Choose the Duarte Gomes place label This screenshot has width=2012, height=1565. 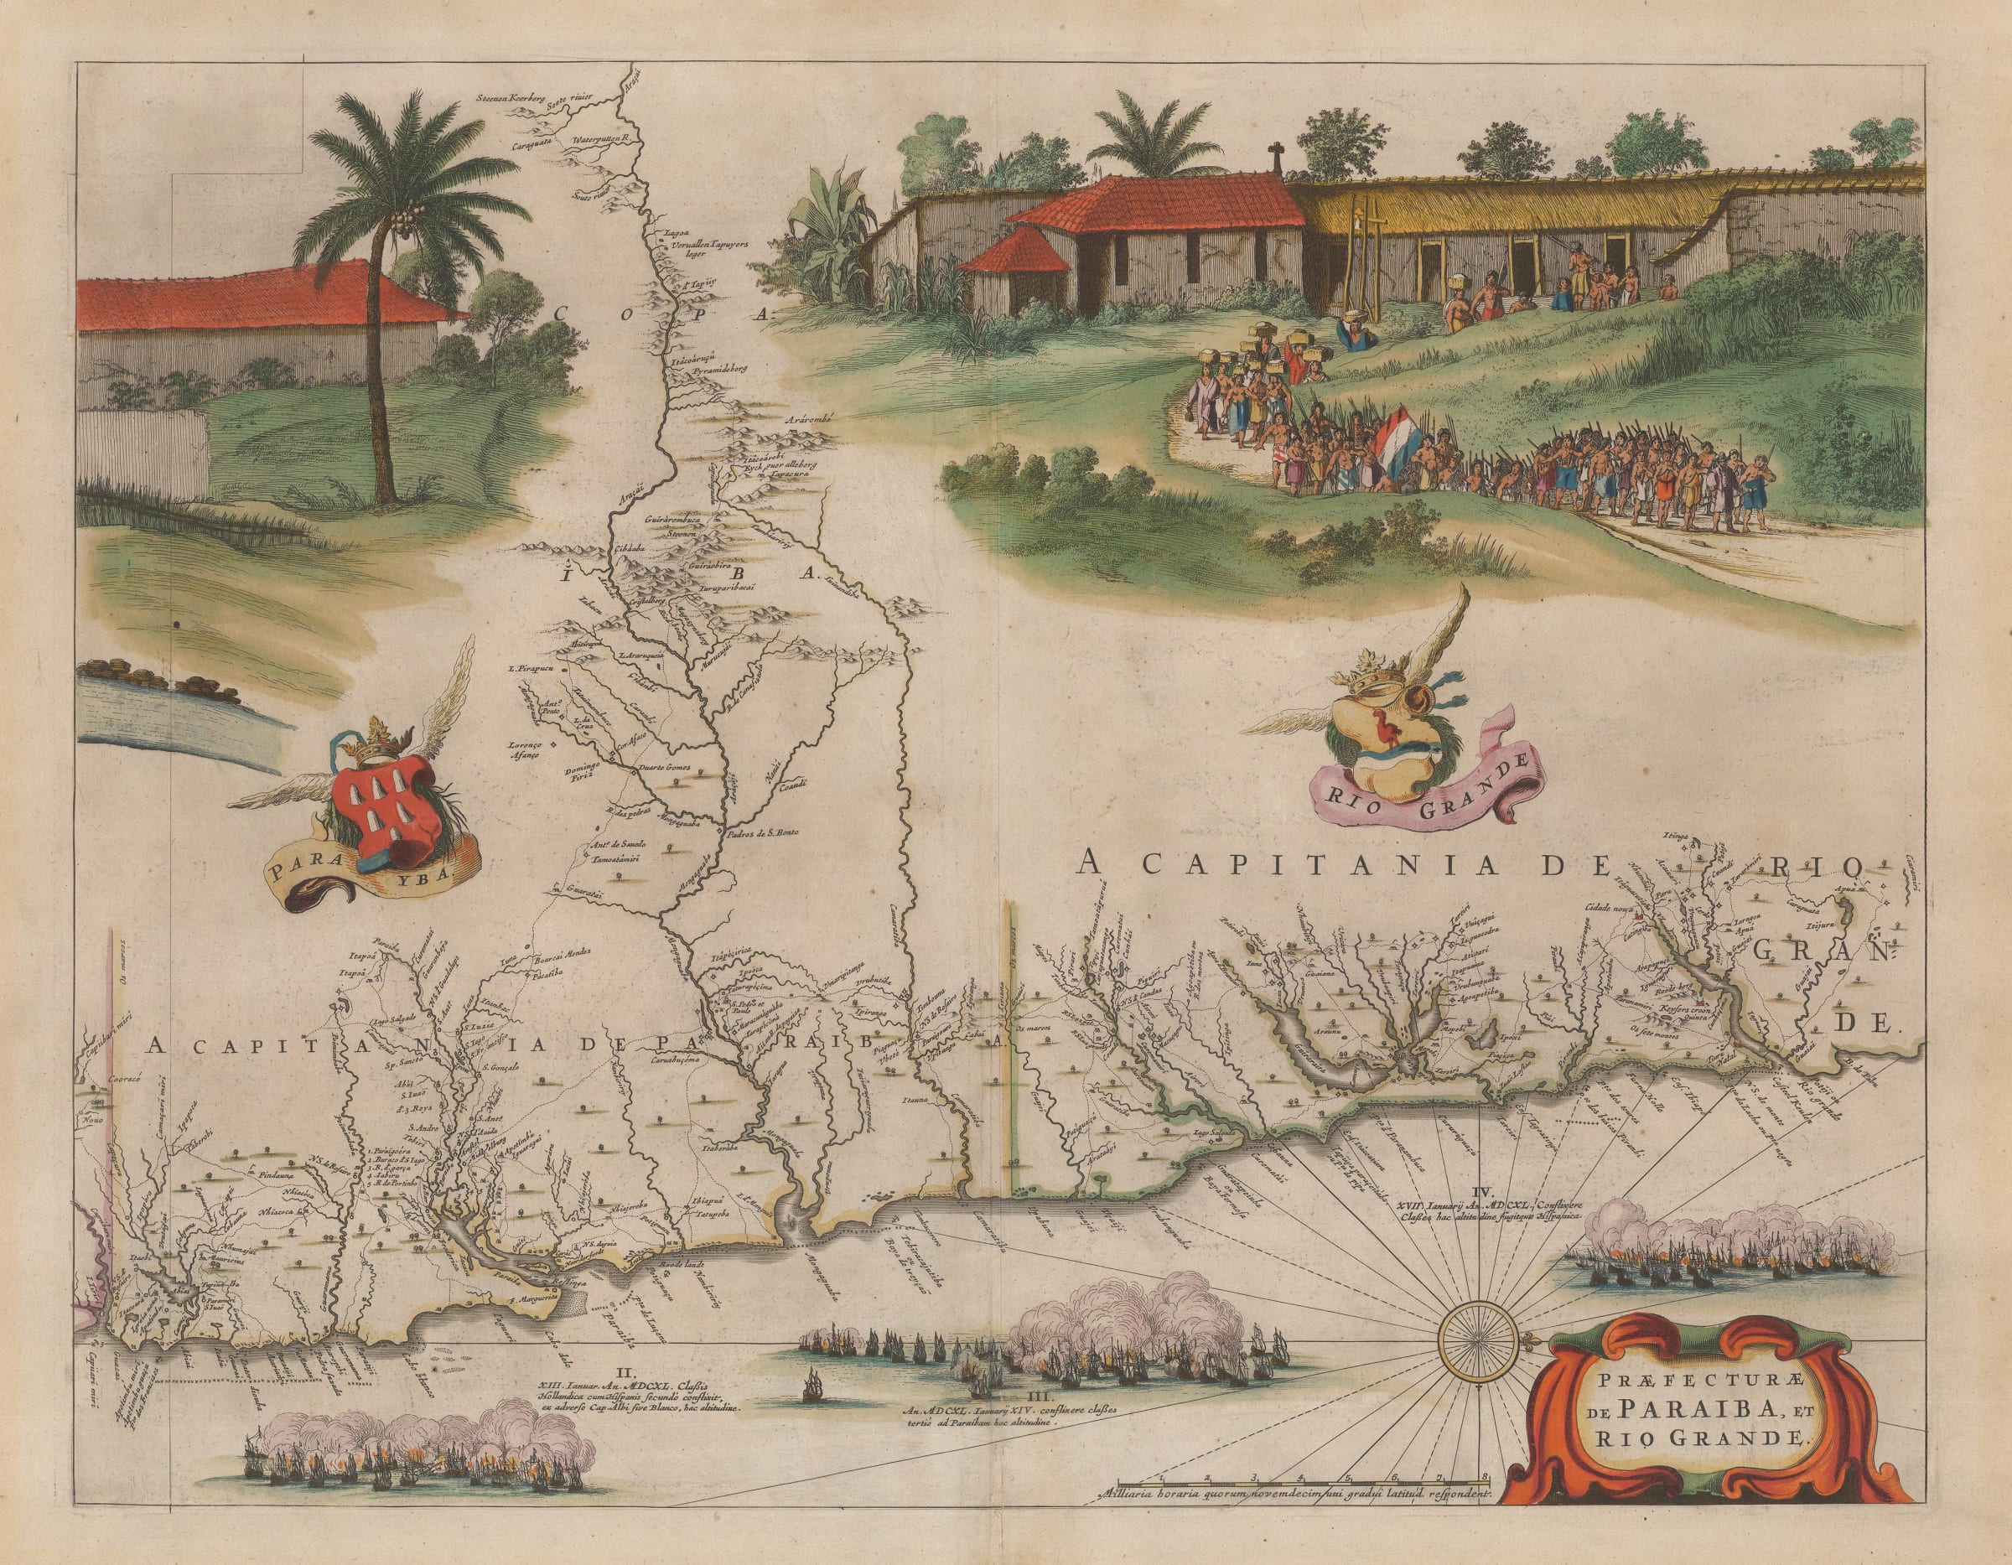666,766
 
